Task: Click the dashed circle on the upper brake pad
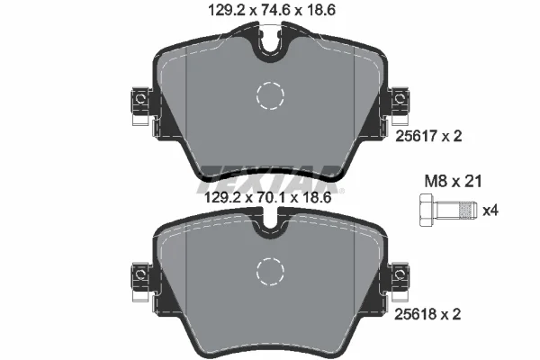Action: click(x=269, y=95)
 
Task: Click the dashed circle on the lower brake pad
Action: click(x=269, y=269)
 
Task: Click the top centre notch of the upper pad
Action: click(x=269, y=45)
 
